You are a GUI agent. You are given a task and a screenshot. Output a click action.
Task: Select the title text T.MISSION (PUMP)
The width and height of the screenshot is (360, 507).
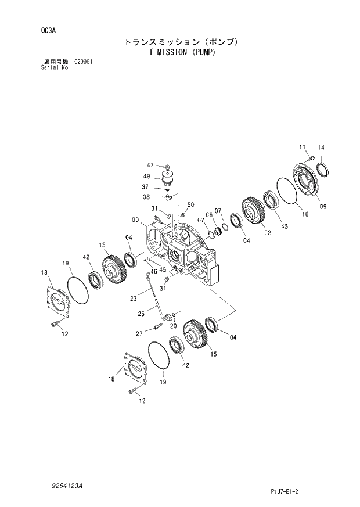[x=182, y=52]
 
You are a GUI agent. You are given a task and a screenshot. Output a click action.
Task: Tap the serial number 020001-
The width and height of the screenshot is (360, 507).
[x=85, y=62]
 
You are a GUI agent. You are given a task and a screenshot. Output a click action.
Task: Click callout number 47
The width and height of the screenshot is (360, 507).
[x=149, y=166]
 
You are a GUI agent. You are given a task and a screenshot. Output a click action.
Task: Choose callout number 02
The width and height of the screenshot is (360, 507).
[x=268, y=233]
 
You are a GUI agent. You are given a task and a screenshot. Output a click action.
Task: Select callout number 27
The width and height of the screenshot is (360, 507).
[x=139, y=333]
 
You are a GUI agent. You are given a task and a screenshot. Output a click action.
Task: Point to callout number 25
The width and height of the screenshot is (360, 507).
[x=141, y=314]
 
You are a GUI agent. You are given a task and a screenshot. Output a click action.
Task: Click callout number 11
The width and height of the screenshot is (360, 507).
[x=302, y=146]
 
